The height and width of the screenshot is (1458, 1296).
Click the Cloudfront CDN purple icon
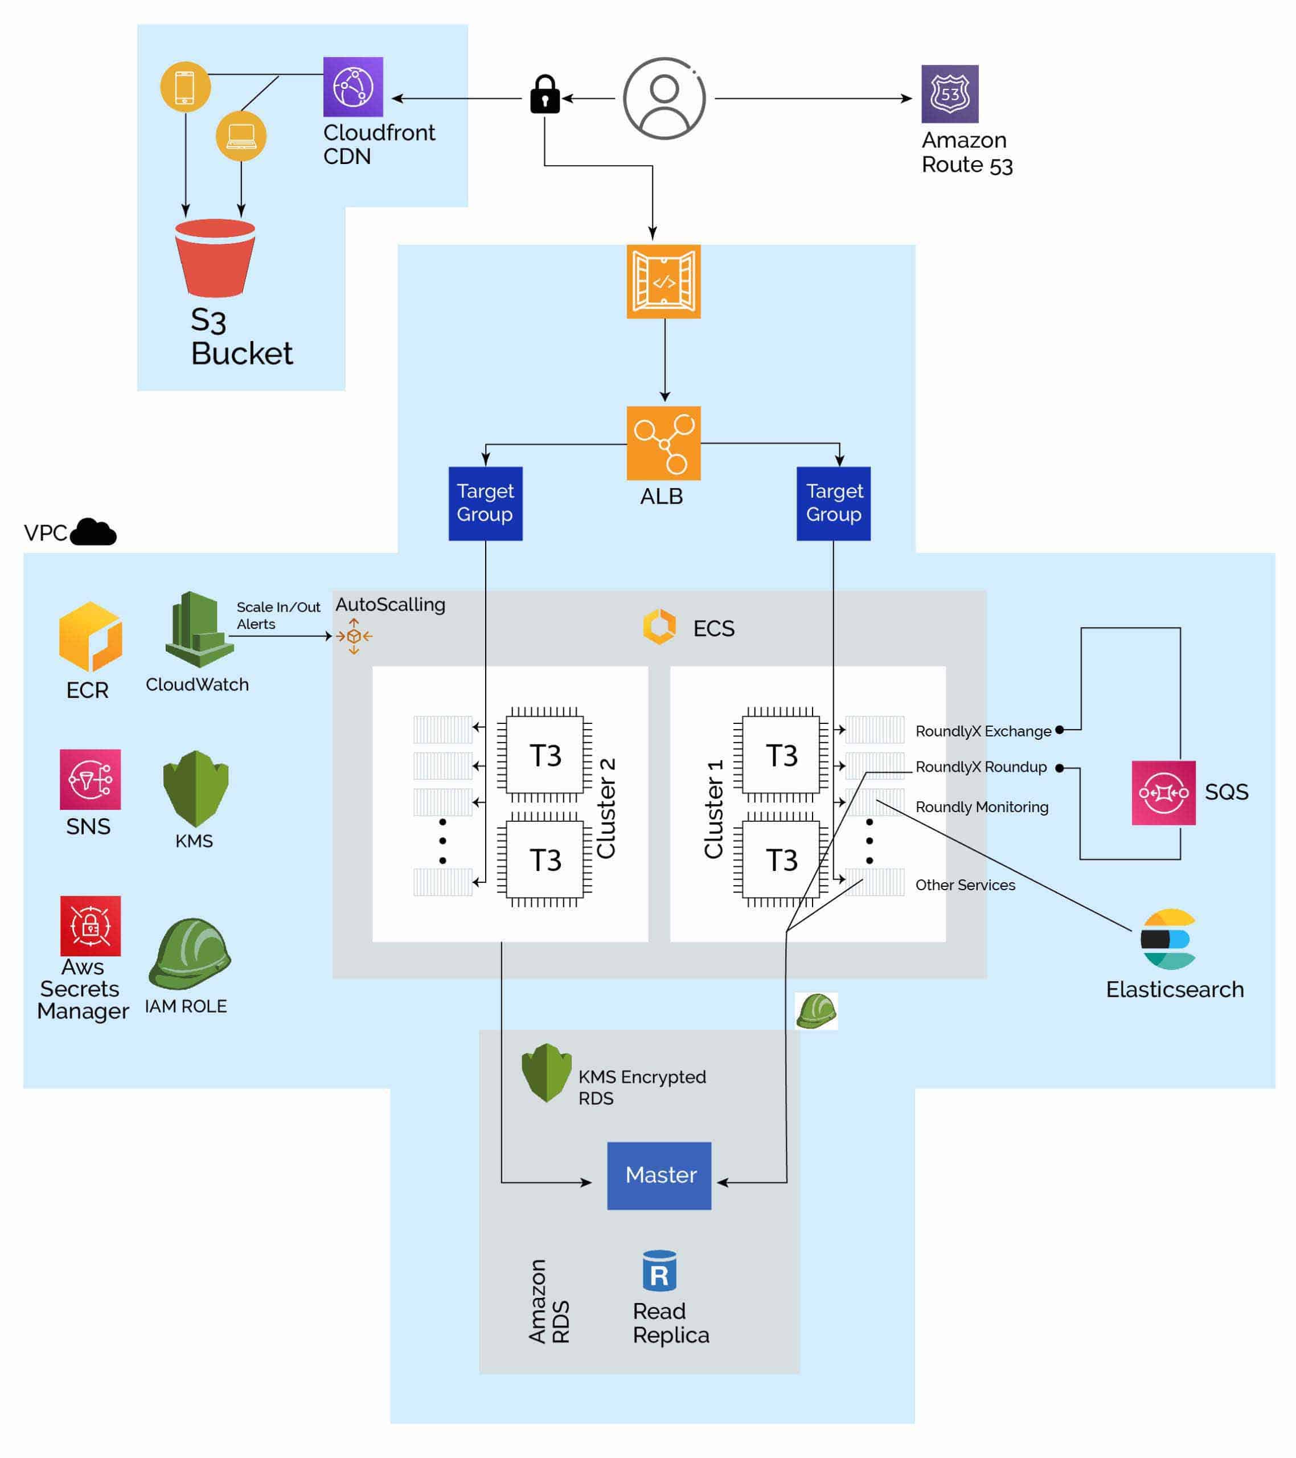[352, 87]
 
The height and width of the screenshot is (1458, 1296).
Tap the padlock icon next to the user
[544, 95]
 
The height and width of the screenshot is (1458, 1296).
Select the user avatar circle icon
[663, 99]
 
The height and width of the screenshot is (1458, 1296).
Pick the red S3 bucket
[215, 257]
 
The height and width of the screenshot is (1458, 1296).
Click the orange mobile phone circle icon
[184, 87]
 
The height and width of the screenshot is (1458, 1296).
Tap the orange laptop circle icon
[240, 135]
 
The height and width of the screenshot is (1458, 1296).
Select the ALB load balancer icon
[663, 443]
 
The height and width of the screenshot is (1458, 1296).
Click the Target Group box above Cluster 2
[485, 503]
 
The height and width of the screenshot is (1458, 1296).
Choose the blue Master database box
[658, 1174]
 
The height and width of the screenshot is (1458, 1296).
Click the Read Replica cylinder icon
[658, 1271]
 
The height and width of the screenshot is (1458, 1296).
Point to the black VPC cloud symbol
[93, 532]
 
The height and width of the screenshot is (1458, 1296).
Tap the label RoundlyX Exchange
[982, 731]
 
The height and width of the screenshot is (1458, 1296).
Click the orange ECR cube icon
[90, 636]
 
